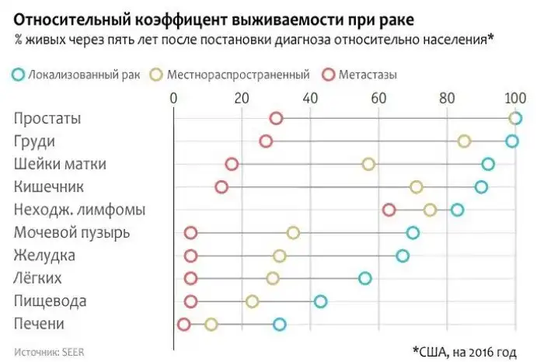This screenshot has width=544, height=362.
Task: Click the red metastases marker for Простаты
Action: point(276,118)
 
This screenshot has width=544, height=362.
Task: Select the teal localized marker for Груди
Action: point(511,141)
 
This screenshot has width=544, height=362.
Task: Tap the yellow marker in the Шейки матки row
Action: point(368,164)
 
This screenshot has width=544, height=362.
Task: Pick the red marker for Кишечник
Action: point(221,186)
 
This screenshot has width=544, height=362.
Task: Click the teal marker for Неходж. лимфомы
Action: point(457,210)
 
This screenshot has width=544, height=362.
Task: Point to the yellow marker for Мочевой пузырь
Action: point(293,232)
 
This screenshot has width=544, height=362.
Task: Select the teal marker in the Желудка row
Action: point(402,256)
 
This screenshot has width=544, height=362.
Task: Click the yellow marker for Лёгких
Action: point(273,278)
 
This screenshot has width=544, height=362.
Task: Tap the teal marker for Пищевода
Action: point(320,301)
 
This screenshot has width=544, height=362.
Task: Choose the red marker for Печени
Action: point(183,324)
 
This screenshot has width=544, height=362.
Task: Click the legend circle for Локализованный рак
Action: point(19,75)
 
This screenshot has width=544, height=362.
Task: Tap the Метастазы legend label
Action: point(368,75)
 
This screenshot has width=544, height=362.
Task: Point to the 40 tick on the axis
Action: point(310,99)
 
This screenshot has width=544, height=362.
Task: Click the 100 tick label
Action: point(514,99)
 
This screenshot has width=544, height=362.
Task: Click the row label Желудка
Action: point(44,256)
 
